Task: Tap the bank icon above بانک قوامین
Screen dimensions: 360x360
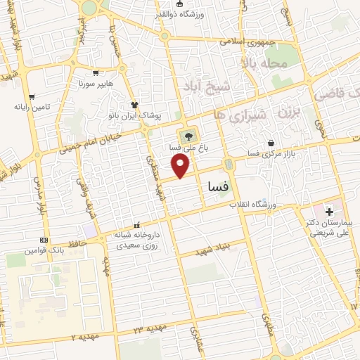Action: coord(45,240)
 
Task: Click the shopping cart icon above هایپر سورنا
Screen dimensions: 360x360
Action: coord(96,72)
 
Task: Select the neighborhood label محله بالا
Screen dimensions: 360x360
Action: coord(264,64)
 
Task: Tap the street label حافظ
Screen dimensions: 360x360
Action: coord(77,243)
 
